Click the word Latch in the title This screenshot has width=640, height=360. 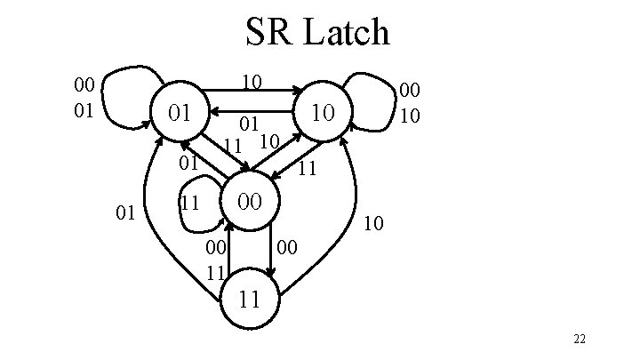[x=347, y=33]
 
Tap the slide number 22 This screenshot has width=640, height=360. [x=580, y=340]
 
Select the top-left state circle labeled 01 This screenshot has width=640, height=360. [x=180, y=113]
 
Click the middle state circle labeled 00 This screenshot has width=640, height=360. [x=251, y=201]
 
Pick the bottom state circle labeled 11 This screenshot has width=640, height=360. [x=251, y=298]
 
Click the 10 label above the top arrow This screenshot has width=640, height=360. [x=252, y=82]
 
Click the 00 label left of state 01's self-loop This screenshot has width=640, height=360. [x=84, y=85]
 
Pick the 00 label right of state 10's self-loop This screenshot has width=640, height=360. [x=410, y=89]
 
